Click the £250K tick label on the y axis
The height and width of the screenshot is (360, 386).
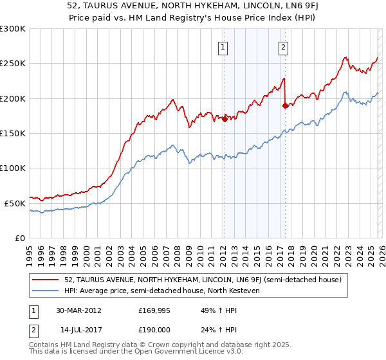(x=13, y=64)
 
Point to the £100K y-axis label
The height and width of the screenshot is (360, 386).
(x=13, y=168)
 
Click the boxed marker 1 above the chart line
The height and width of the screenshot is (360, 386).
(x=223, y=46)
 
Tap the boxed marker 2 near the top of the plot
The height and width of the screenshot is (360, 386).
(x=283, y=46)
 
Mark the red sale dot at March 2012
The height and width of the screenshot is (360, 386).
(x=225, y=119)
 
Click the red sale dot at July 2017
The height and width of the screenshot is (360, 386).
(x=285, y=105)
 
